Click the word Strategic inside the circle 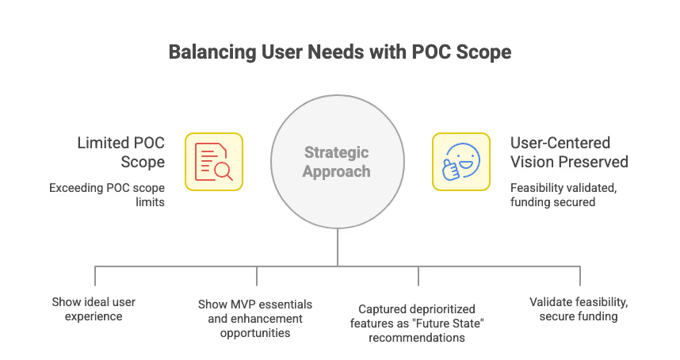click(x=337, y=153)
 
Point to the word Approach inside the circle click(x=337, y=170)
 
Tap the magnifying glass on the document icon click(x=224, y=172)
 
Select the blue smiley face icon click(x=460, y=161)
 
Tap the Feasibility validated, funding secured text click(x=563, y=195)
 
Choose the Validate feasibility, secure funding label click(x=579, y=309)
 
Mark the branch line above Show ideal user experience click(x=95, y=275)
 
